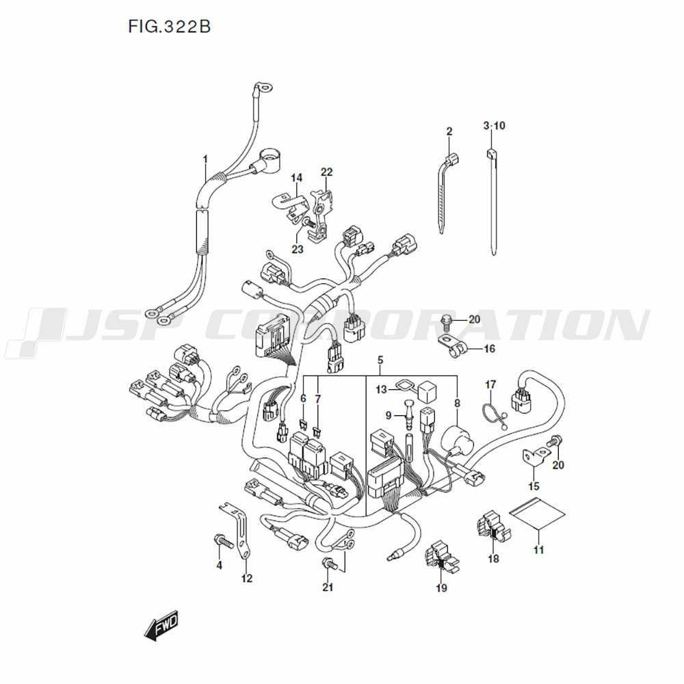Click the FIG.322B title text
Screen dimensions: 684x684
point(169,27)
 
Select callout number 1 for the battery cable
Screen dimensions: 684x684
point(205,159)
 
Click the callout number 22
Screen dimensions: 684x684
point(326,172)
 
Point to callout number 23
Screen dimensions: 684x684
point(298,249)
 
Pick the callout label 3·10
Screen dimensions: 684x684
point(494,126)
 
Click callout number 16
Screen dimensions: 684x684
point(490,349)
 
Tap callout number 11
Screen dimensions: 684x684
point(539,549)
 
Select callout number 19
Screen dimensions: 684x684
point(441,588)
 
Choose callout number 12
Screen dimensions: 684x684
point(247,579)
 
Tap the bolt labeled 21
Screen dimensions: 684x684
point(330,565)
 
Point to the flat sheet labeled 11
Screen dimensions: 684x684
point(536,512)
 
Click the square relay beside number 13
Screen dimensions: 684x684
point(428,392)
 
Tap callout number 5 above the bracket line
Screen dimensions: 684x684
point(380,360)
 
